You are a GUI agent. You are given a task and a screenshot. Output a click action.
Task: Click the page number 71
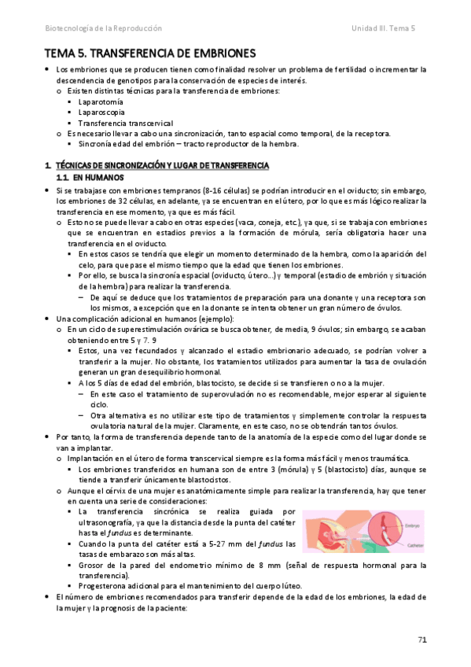[x=422, y=640]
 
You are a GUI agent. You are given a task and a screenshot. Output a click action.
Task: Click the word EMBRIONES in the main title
[x=218, y=53]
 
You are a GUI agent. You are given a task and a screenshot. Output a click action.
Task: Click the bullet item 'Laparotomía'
[x=101, y=101]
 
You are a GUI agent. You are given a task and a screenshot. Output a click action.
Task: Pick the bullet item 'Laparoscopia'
[x=102, y=112]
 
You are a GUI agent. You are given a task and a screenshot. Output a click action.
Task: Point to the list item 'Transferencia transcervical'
[x=126, y=123]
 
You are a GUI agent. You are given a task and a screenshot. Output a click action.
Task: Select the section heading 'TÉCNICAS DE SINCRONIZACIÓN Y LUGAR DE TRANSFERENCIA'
[x=162, y=166]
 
